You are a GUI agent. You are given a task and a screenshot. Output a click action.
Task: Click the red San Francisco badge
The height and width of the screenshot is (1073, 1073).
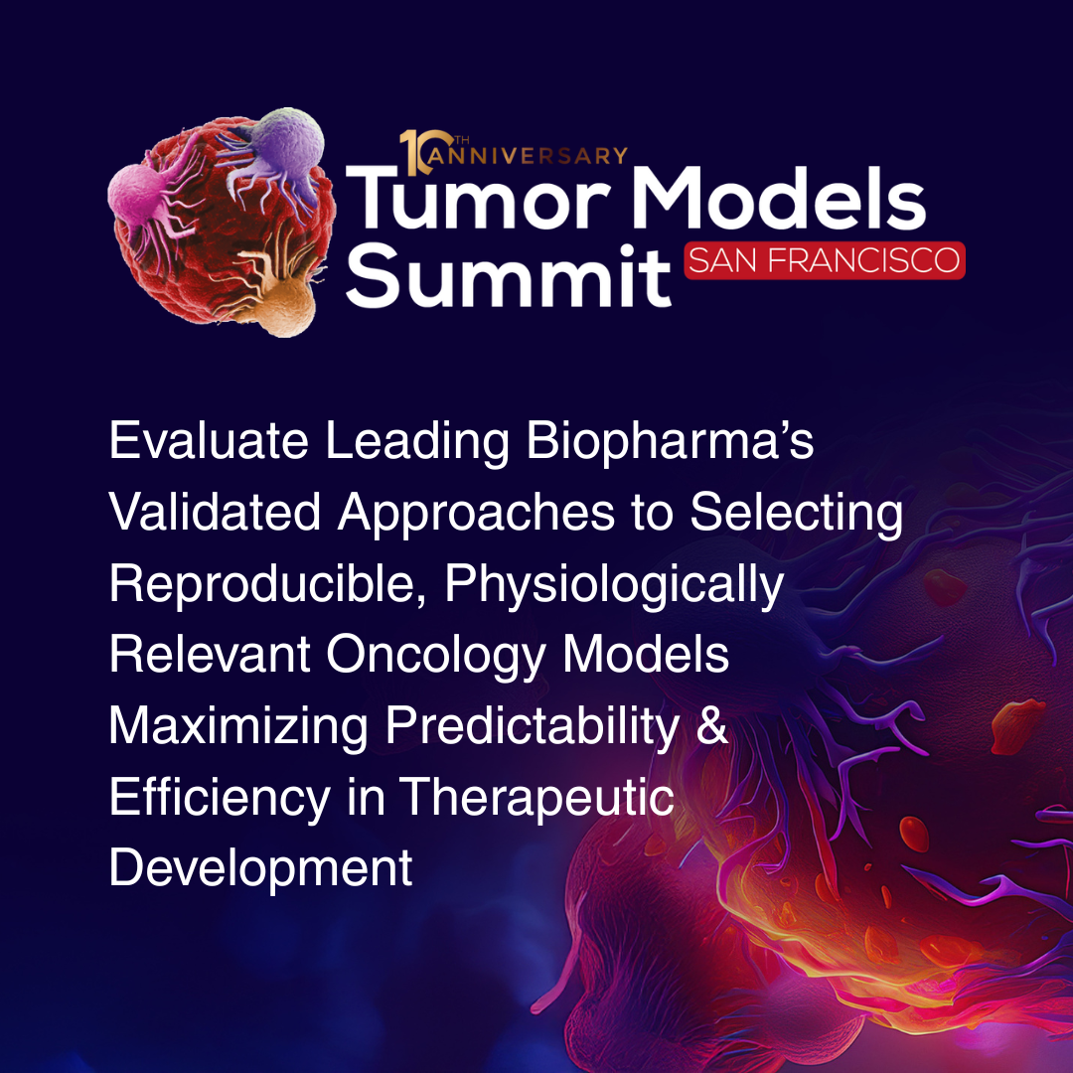(x=825, y=260)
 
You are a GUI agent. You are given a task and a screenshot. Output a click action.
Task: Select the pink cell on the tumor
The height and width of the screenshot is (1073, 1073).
(x=144, y=199)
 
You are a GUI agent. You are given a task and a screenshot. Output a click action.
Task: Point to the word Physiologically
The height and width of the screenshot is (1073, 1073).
(x=614, y=584)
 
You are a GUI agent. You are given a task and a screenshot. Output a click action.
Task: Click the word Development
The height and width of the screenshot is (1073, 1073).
(x=260, y=868)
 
